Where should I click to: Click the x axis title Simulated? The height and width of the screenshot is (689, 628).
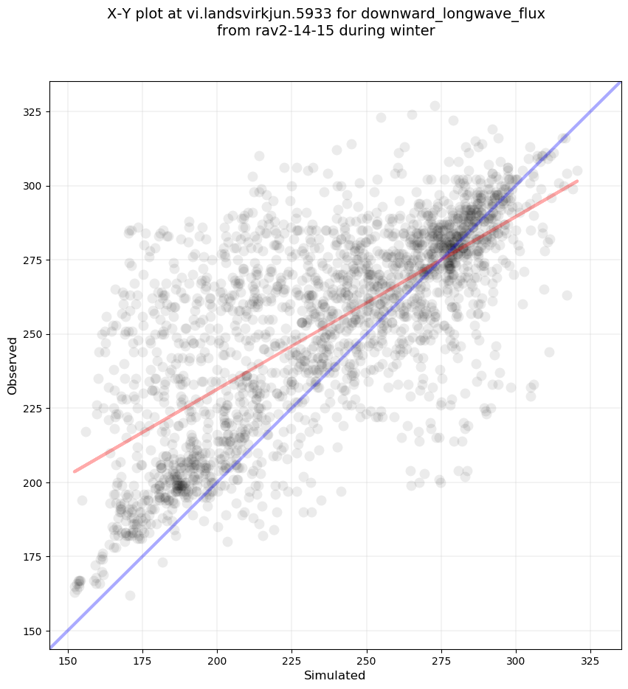pos(335,675)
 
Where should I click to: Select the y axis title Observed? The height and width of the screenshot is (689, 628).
pos(13,365)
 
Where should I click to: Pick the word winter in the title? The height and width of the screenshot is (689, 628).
pos(413,31)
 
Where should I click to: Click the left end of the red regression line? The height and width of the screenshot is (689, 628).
pos(75,471)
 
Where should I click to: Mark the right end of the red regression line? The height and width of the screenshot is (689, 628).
pos(577,181)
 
